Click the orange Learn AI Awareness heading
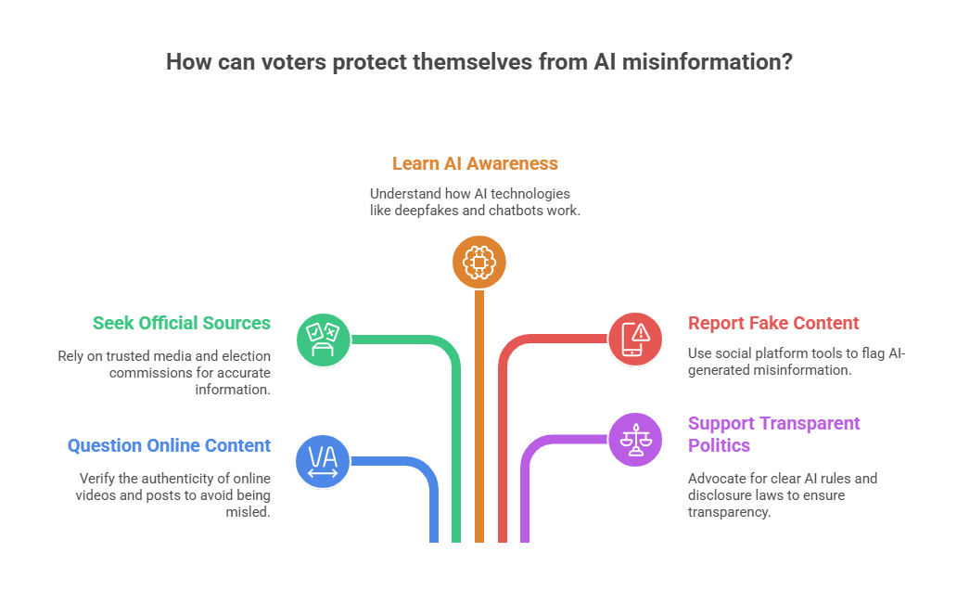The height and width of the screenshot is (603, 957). click(475, 164)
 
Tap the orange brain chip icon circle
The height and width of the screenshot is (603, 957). click(478, 263)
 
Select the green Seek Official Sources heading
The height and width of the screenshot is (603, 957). click(181, 323)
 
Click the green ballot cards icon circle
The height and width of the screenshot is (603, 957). click(323, 339)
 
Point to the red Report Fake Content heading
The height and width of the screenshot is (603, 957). click(773, 323)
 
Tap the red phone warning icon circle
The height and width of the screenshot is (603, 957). click(635, 339)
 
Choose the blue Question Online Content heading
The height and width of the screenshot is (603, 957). click(169, 445)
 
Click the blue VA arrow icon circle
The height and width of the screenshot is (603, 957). click(323, 461)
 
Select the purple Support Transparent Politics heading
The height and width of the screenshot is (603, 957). click(773, 423)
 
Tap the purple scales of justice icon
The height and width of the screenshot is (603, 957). click(635, 439)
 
